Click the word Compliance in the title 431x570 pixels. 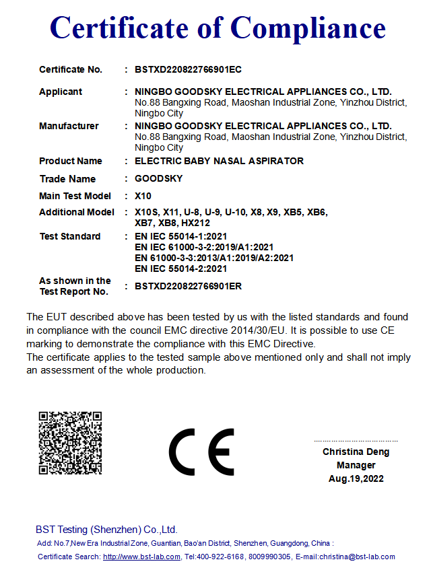[308, 28]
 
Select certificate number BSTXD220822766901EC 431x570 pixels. [188, 69]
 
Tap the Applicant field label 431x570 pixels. [61, 92]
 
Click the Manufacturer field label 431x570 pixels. [69, 126]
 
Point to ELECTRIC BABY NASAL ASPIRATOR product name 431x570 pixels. [219, 161]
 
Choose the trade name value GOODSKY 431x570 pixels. [158, 179]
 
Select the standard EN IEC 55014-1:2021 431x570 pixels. [180, 236]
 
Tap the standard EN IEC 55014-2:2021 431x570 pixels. [180, 269]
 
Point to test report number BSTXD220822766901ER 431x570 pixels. [188, 286]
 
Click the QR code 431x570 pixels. [69, 442]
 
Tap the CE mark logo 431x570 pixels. [201, 452]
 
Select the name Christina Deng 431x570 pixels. [356, 452]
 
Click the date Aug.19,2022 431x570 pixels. [356, 478]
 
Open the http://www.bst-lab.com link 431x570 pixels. [141, 557]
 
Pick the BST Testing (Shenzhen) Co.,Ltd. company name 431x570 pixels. [106, 530]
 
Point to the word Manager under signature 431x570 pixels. [356, 465]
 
